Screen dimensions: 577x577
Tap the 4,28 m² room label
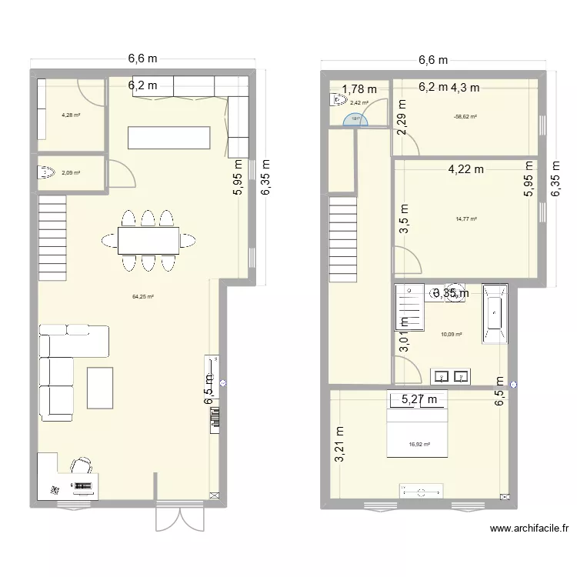tap(71, 116)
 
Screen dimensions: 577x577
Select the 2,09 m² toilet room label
tap(71, 173)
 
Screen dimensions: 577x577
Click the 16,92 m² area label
tap(419, 444)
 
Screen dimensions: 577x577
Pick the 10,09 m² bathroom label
tap(452, 334)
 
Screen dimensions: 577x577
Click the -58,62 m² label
tap(465, 117)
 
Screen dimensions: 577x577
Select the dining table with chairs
tap(148, 240)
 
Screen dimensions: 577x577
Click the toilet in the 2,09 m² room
tap(46, 172)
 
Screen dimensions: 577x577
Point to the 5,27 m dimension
tap(419, 399)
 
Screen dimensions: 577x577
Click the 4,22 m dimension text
tap(466, 169)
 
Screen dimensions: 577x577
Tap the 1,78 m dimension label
tap(359, 90)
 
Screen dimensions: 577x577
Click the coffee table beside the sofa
tap(100, 388)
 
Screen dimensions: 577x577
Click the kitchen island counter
tap(168, 137)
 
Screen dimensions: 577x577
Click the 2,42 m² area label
tap(359, 102)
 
